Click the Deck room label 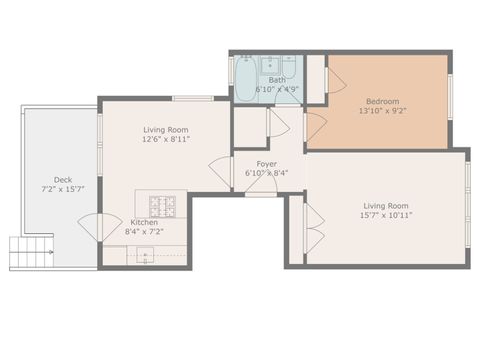(62, 179)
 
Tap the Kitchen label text (144, 222)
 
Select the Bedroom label (382, 101)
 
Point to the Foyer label (267, 163)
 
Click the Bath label (263, 80)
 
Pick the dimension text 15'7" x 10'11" (386, 215)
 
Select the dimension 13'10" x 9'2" (382, 111)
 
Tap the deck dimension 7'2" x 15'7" (62, 189)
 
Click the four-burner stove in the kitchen (163, 207)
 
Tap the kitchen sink (146, 256)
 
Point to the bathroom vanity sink (270, 65)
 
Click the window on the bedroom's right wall (451, 97)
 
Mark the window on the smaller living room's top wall (192, 97)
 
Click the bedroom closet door (334, 80)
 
